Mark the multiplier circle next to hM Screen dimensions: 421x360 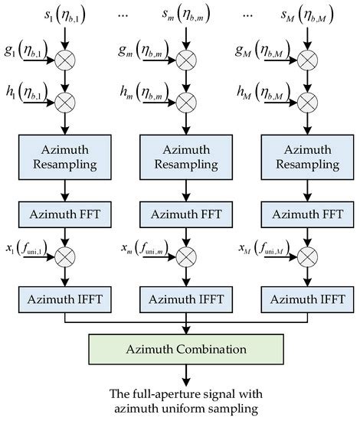[x=300, y=98]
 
